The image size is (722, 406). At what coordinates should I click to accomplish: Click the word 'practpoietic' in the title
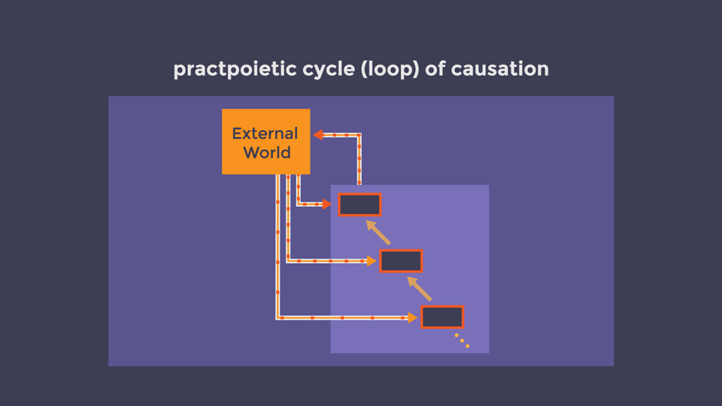[x=235, y=69]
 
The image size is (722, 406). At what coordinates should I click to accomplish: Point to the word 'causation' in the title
[x=499, y=69]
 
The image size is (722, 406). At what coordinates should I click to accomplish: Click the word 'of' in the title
[x=435, y=68]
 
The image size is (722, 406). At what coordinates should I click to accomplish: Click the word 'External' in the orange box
[x=265, y=134]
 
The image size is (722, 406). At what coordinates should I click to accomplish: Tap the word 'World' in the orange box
[x=266, y=153]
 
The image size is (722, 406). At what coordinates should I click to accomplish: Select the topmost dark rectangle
[x=359, y=205]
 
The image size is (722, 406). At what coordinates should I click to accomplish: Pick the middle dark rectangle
[x=401, y=261]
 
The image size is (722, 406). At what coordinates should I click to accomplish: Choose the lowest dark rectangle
[x=442, y=317]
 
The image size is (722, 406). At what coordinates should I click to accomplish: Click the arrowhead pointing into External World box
[x=318, y=135]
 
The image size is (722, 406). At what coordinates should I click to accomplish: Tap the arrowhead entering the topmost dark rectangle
[x=326, y=204]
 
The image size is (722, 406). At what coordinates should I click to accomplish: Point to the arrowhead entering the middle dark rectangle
[x=372, y=261]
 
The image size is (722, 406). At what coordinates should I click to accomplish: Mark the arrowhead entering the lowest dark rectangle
[x=413, y=317]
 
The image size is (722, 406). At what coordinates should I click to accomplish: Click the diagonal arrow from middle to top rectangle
[x=378, y=232]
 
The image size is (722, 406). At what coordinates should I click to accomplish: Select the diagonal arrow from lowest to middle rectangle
[x=420, y=289]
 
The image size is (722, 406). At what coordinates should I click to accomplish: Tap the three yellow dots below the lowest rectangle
[x=462, y=341]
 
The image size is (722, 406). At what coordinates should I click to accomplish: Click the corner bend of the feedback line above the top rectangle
[x=359, y=135]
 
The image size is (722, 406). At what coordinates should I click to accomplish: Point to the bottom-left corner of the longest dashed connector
[x=278, y=317]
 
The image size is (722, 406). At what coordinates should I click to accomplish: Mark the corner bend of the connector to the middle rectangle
[x=288, y=261]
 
